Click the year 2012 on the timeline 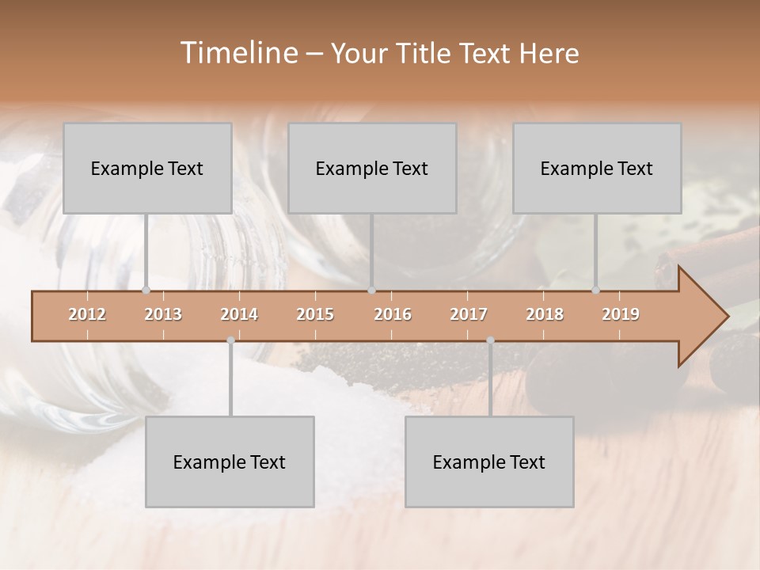(x=87, y=314)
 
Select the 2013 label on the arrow (x=163, y=314)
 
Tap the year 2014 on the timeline (x=239, y=314)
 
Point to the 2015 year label (x=315, y=314)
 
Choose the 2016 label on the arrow (x=393, y=314)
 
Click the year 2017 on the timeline (x=469, y=314)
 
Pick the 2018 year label (x=545, y=314)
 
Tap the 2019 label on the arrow (x=621, y=314)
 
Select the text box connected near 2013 (x=147, y=168)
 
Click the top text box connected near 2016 (x=372, y=168)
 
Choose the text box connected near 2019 (x=597, y=168)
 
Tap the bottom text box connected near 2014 (x=230, y=462)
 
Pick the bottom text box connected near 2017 (x=489, y=462)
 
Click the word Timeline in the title (x=237, y=53)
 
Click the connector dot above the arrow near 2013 (x=146, y=290)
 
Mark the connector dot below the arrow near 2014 (x=230, y=340)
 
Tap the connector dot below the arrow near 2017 (x=490, y=340)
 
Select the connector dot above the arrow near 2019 (x=595, y=290)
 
